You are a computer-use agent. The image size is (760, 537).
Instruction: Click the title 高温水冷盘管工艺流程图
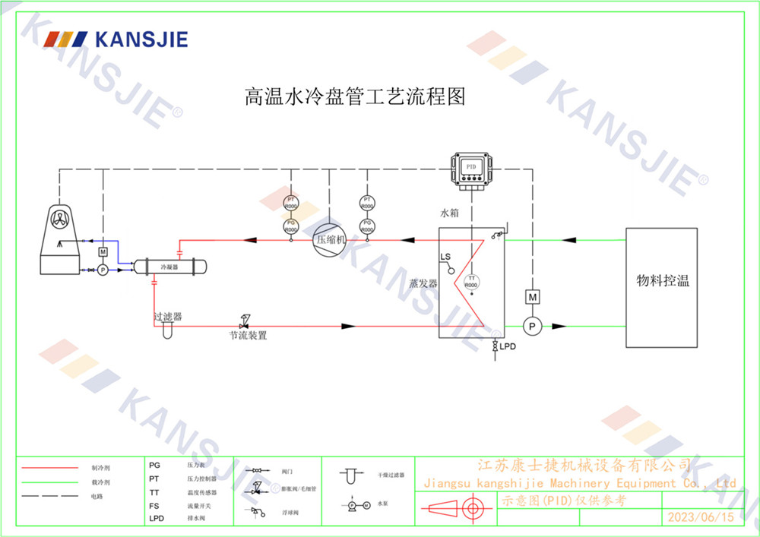point(354,97)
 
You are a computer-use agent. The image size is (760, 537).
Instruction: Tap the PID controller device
point(471,169)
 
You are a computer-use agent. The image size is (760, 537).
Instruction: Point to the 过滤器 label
point(167,315)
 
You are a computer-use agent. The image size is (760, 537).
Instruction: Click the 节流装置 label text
point(249,334)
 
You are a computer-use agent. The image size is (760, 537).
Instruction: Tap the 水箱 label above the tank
point(450,213)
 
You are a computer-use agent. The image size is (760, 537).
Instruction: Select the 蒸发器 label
point(423,283)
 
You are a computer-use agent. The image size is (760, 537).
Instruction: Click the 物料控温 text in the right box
point(663,280)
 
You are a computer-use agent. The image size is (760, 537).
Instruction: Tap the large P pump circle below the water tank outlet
point(533,326)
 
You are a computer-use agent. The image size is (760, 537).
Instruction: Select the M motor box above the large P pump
point(533,296)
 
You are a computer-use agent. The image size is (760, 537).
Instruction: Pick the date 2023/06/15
point(701,517)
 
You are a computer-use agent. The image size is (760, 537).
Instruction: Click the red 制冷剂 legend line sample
point(49,469)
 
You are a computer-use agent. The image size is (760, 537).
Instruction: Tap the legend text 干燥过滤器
point(391,475)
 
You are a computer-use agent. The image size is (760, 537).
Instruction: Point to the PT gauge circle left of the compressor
point(290,201)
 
